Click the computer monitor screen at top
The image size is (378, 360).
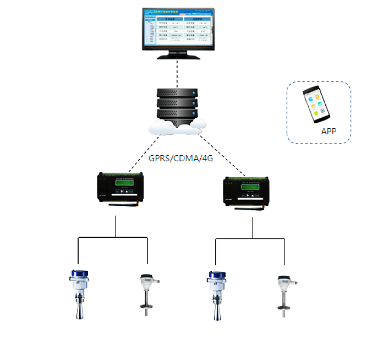click(x=176, y=28)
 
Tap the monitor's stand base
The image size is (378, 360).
click(x=176, y=55)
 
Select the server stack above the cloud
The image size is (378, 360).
click(x=177, y=103)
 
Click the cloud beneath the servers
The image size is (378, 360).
click(x=176, y=128)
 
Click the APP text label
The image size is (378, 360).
click(x=328, y=132)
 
